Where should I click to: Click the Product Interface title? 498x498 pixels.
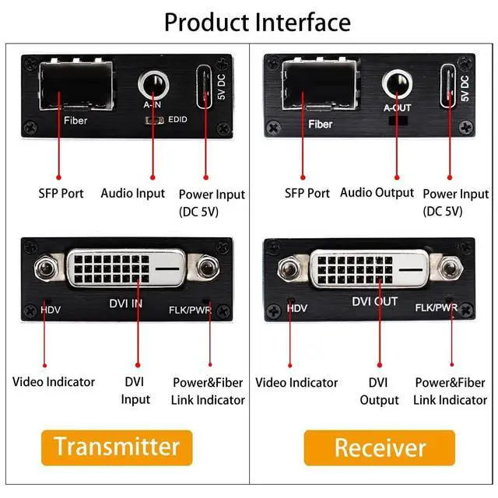pyautogui.click(x=257, y=21)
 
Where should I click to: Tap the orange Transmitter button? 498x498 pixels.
pyautogui.click(x=117, y=446)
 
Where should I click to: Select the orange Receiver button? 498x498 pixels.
pyautogui.click(x=381, y=447)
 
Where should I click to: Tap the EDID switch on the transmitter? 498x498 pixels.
pyautogui.click(x=156, y=121)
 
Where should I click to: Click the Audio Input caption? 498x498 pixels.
pyautogui.click(x=133, y=193)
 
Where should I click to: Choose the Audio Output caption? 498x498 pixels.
pyautogui.click(x=377, y=192)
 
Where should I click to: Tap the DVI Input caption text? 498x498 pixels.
pyautogui.click(x=136, y=391)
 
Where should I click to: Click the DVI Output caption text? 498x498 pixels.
pyautogui.click(x=379, y=391)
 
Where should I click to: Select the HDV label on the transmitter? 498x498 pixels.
pyautogui.click(x=51, y=310)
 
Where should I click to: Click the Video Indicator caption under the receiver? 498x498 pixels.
pyautogui.click(x=297, y=382)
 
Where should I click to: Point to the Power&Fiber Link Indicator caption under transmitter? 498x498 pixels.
pyautogui.click(x=208, y=391)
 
